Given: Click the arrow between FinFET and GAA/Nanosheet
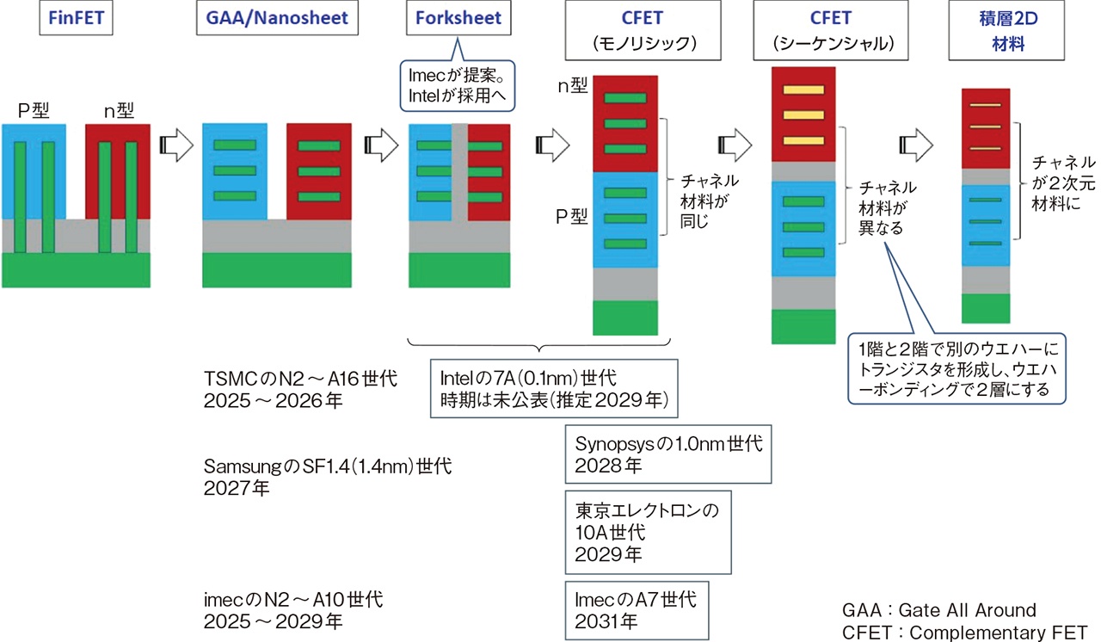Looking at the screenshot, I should click(175, 146).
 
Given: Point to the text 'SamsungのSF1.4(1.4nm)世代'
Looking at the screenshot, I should click(327, 467).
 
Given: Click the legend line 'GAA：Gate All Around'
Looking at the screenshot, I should click(939, 610).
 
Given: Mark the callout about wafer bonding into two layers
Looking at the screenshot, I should click(957, 368).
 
